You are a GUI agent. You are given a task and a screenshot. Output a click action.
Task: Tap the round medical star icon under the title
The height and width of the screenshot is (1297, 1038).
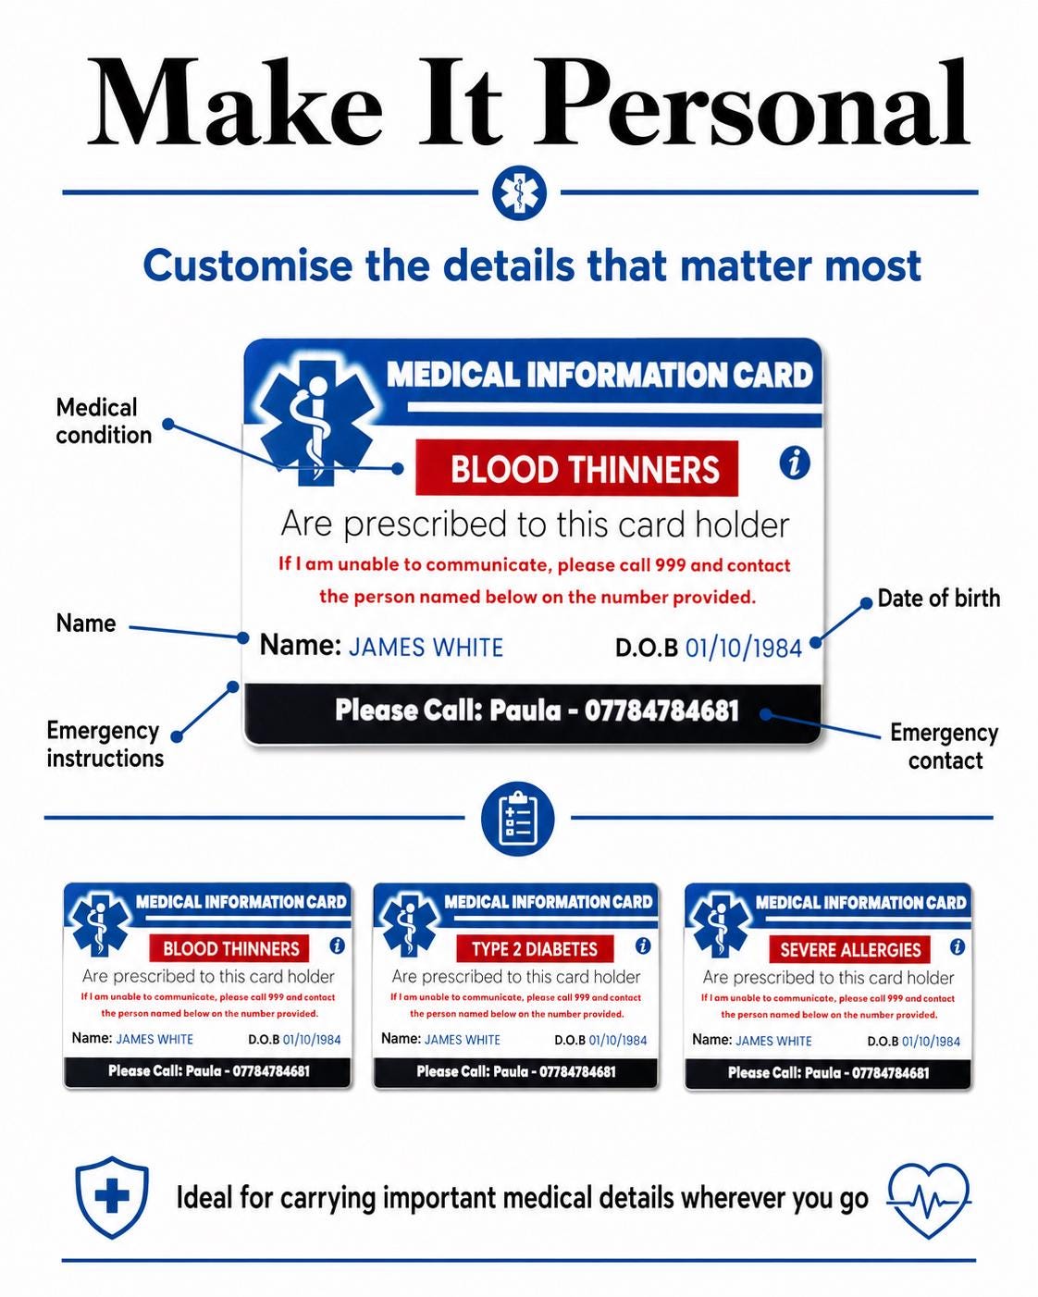(x=519, y=192)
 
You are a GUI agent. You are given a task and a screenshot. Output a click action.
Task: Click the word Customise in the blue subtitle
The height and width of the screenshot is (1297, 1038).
(x=248, y=266)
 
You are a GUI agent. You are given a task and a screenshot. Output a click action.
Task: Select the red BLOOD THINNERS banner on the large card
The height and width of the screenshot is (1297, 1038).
(x=577, y=468)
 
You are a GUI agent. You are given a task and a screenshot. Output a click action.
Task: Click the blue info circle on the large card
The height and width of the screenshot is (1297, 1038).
(x=795, y=463)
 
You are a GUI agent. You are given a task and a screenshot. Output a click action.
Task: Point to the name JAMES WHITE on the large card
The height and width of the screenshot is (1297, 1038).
(x=426, y=648)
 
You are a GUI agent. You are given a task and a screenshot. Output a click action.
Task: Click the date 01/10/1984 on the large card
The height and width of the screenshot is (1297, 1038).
(x=744, y=648)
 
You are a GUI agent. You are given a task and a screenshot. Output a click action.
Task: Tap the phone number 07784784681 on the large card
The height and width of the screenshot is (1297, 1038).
(x=661, y=710)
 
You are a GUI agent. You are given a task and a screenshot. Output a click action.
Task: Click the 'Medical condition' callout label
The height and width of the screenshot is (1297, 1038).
(x=104, y=421)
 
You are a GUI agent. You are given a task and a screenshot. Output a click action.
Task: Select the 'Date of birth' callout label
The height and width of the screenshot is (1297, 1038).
(x=938, y=599)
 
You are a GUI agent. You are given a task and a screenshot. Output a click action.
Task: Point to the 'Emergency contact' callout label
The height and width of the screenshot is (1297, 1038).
(x=945, y=747)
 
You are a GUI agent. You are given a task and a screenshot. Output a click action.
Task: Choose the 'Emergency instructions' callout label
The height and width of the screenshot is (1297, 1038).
(x=105, y=745)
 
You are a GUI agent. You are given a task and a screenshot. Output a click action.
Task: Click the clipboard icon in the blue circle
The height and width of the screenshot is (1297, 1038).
(x=517, y=819)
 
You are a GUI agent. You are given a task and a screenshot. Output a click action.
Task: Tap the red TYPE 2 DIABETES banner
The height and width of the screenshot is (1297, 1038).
(x=535, y=949)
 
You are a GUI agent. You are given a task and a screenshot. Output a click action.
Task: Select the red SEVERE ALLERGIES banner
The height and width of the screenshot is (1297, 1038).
(x=850, y=950)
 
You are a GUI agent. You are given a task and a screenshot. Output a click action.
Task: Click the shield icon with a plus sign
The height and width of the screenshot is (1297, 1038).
(x=112, y=1197)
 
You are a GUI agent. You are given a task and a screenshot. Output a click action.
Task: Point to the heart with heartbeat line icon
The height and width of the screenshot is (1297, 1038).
(x=929, y=1201)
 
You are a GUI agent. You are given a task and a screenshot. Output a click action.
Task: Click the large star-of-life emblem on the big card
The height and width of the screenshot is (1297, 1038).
(x=315, y=422)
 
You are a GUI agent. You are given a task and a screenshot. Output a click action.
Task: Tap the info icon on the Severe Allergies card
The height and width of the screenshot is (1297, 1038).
(x=958, y=946)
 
